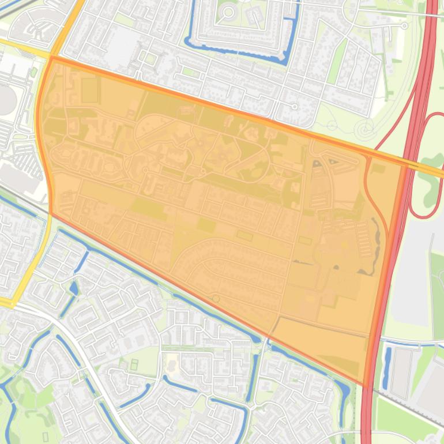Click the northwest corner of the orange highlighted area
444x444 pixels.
click(x=52, y=58)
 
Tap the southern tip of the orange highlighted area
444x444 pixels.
click(x=365, y=385)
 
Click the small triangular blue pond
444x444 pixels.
click(x=74, y=288)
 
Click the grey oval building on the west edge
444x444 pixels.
click(x=7, y=101)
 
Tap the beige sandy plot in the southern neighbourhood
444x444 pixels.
click(x=171, y=363)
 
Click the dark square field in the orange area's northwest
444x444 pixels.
click(x=89, y=90)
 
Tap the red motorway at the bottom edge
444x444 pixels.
click(x=367, y=432)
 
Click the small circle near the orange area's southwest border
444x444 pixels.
click(x=216, y=299)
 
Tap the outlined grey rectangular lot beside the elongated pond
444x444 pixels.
click(x=402, y=372)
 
